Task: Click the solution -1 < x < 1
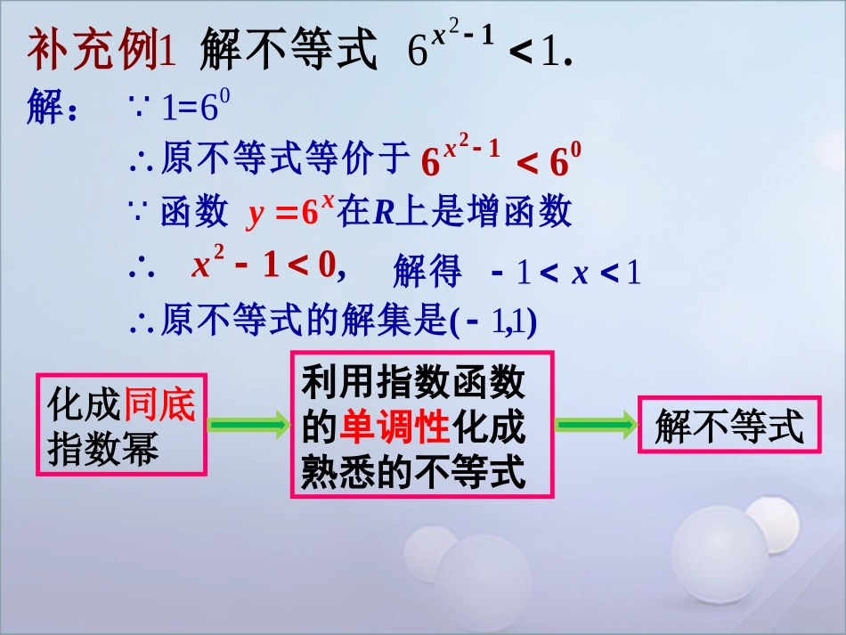click(x=565, y=273)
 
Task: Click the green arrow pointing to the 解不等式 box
click(x=596, y=426)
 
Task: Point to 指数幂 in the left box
click(x=103, y=449)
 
